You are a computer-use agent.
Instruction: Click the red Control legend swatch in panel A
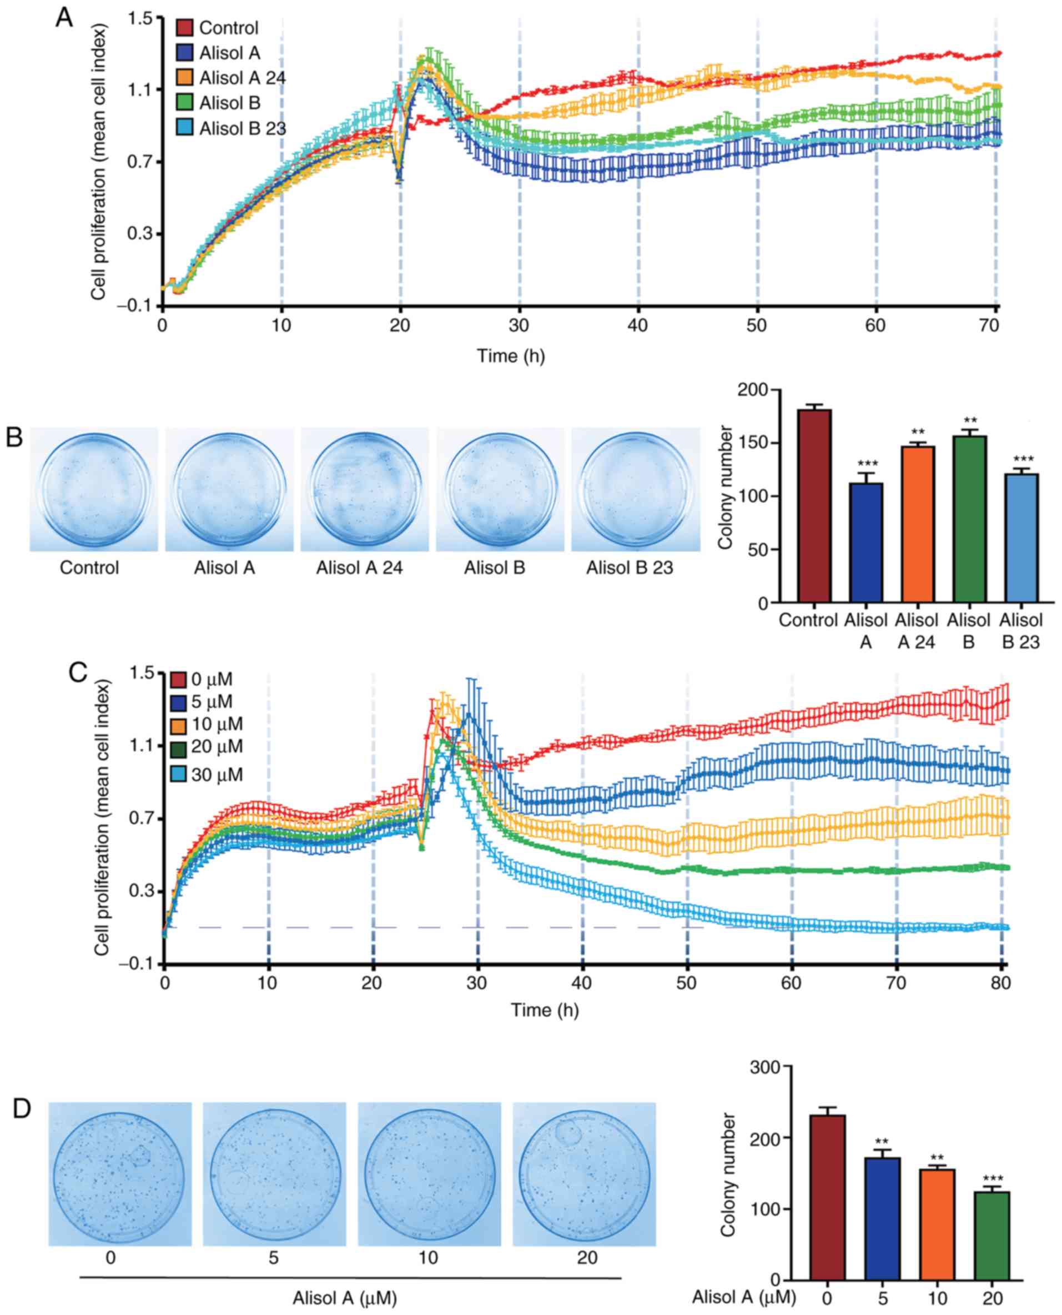184,28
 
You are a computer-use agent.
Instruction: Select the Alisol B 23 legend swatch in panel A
184,128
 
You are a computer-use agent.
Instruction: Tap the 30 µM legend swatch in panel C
179,775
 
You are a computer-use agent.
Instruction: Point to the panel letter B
14,438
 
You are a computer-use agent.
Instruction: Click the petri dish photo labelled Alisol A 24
359,490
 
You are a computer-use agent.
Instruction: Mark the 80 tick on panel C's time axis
1001,983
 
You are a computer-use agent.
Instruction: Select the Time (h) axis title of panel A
511,355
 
